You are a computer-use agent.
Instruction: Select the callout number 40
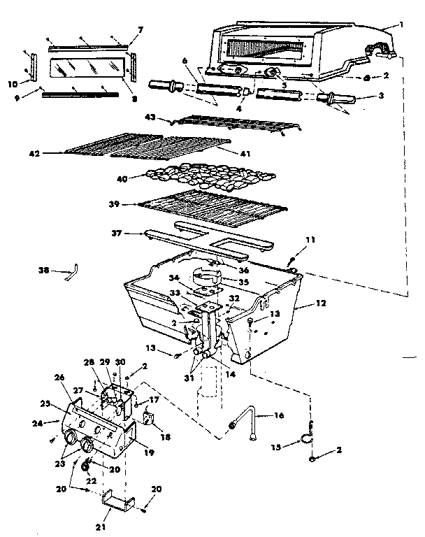point(123,178)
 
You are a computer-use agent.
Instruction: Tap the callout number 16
point(279,416)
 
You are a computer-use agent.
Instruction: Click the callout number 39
point(116,205)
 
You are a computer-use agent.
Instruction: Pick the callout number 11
point(310,240)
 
